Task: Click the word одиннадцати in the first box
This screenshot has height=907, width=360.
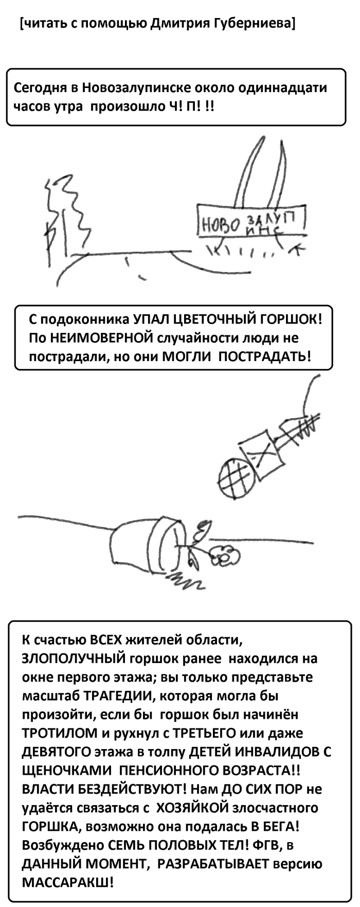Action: (x=279, y=87)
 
